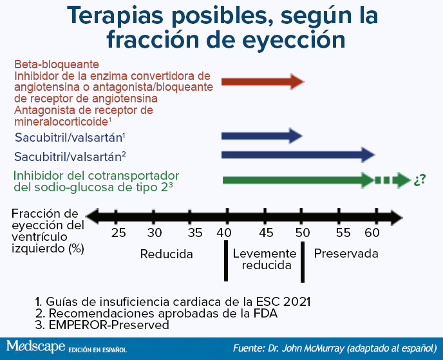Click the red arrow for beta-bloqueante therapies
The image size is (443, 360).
click(x=263, y=82)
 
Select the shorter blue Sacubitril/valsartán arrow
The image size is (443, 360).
click(x=262, y=136)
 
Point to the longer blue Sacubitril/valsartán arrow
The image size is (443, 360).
click(x=298, y=155)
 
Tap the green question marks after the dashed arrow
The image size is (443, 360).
click(x=420, y=180)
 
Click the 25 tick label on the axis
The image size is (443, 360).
click(x=118, y=233)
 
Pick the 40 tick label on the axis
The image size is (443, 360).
click(x=224, y=233)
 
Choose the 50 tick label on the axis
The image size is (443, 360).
click(x=303, y=233)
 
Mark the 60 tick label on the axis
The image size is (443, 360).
click(x=372, y=233)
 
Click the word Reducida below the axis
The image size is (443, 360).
click(x=166, y=254)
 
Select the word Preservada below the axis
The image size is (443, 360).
click(x=346, y=254)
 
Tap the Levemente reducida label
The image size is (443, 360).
click(x=265, y=260)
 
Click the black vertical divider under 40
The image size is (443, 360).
click(x=226, y=261)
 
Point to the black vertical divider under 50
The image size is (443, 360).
click(x=303, y=261)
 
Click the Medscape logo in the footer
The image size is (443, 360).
click(x=36, y=346)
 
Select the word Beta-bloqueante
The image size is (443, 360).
click(x=57, y=64)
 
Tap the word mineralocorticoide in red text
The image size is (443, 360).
click(x=61, y=122)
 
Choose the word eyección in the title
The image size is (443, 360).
click(x=294, y=40)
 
